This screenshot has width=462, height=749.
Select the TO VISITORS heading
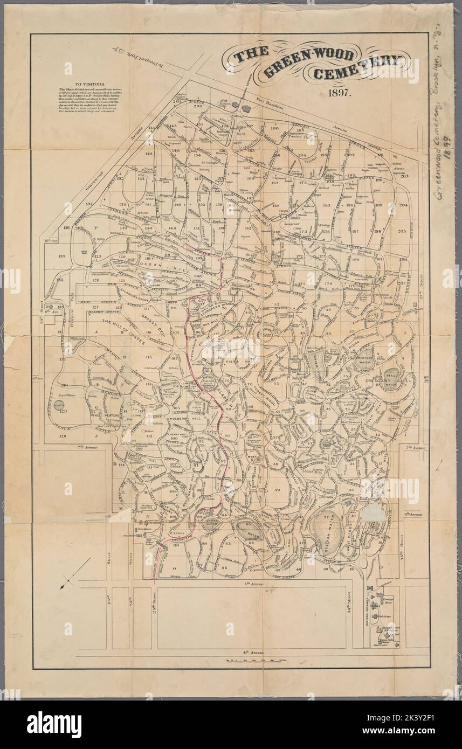click(x=89, y=85)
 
